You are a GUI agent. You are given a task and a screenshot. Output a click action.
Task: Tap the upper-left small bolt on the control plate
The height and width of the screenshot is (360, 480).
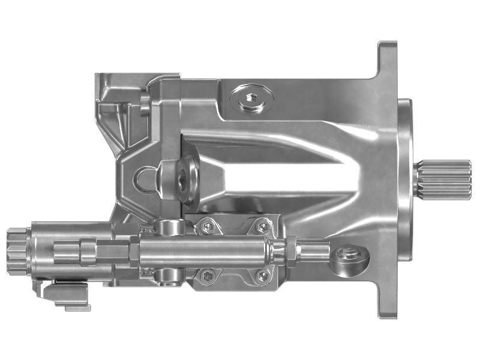pyautogui.click(x=208, y=226)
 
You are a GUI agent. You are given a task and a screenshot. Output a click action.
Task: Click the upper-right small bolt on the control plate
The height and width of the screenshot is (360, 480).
pyautogui.click(x=263, y=226)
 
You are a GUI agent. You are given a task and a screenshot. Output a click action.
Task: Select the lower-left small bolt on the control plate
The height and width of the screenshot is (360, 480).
pyautogui.click(x=208, y=275)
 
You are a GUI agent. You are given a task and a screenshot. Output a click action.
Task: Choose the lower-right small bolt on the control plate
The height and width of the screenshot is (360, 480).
pyautogui.click(x=263, y=275)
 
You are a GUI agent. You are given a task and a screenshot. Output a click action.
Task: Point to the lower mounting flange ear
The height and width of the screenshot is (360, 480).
pyautogui.click(x=387, y=303)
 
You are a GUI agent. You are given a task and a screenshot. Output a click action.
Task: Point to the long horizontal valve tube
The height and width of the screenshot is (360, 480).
pyautogui.click(x=204, y=250)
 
